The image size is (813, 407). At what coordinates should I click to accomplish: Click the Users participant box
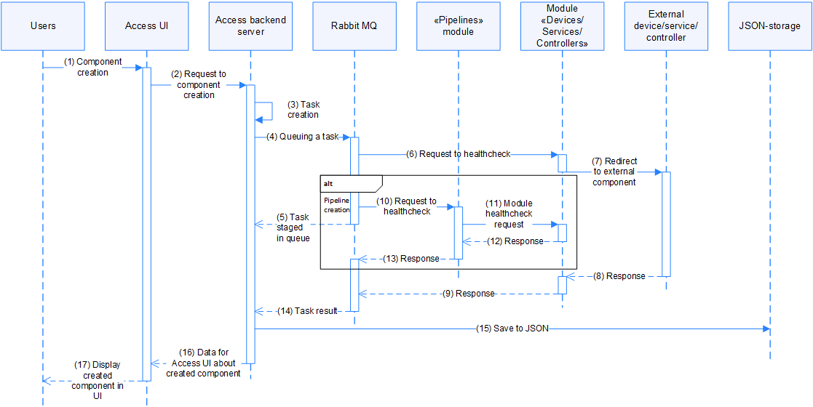[x=43, y=26]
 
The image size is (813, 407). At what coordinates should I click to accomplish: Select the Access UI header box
[x=146, y=26]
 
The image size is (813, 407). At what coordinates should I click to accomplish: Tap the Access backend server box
[x=250, y=26]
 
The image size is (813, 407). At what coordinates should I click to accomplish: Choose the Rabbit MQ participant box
[x=354, y=26]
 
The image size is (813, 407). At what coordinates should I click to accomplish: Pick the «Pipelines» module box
[x=459, y=26]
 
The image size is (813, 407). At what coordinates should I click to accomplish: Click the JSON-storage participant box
[x=770, y=26]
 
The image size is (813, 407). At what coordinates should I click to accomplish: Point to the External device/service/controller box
[x=666, y=26]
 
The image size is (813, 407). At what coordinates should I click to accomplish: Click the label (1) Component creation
[x=93, y=67]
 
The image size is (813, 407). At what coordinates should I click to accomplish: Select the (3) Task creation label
[x=303, y=110]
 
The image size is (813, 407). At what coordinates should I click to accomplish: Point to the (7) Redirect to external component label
[x=614, y=172]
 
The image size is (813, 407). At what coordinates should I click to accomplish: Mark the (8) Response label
[x=620, y=276]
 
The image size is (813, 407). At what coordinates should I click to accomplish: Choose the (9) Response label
[x=469, y=294]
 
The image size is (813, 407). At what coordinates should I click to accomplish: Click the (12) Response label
[x=518, y=241]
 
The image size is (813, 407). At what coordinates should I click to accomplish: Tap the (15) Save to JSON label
[x=512, y=329]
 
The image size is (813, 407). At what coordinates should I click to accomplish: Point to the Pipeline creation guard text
[x=336, y=204]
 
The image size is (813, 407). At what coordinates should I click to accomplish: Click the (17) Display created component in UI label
[x=97, y=380]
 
